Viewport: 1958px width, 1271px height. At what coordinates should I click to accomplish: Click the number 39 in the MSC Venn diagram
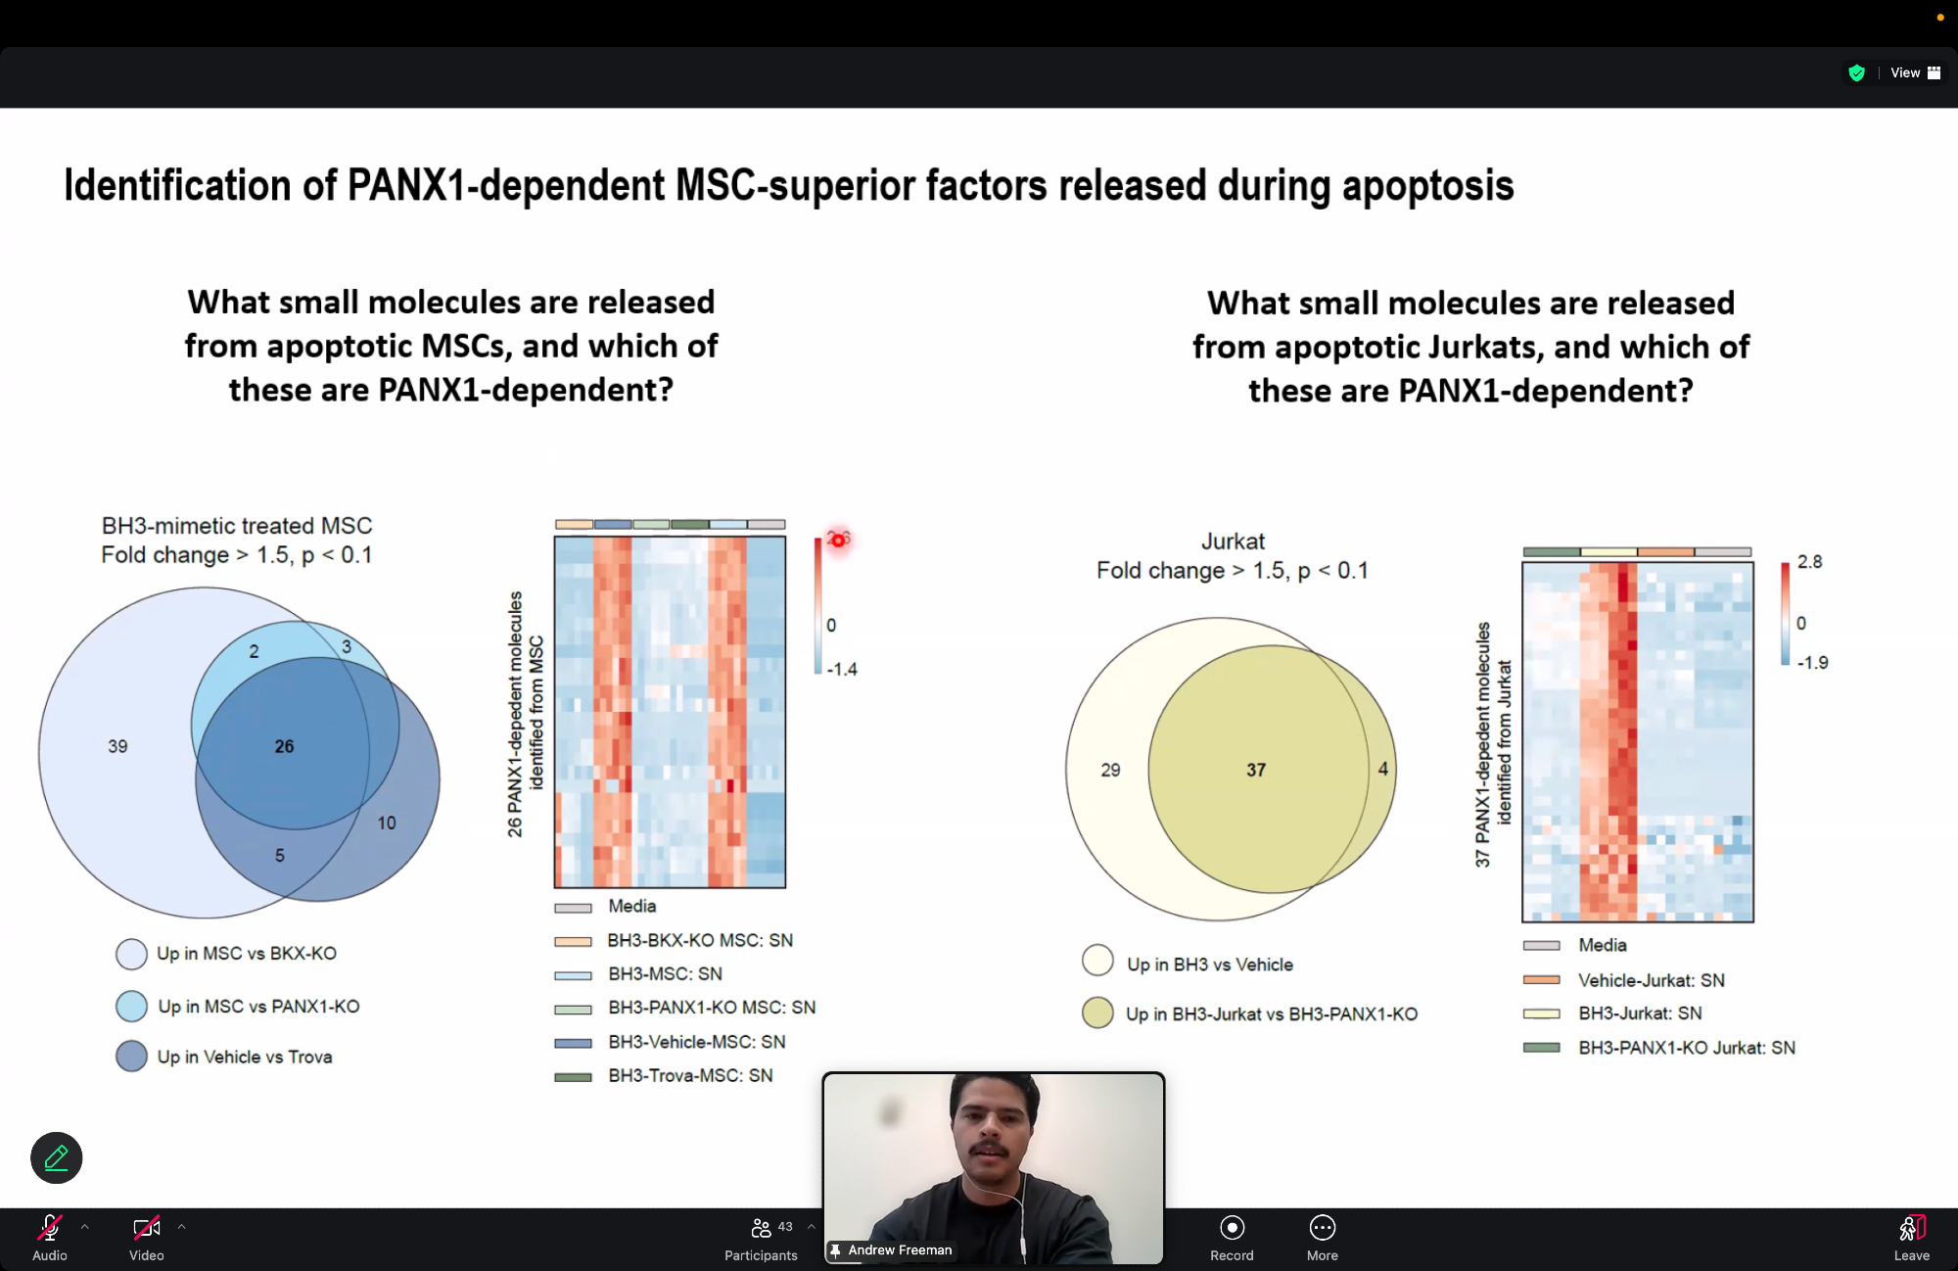click(x=117, y=746)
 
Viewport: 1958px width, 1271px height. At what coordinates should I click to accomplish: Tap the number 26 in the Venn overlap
click(x=284, y=746)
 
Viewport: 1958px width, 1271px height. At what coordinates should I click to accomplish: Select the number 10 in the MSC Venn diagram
click(x=387, y=823)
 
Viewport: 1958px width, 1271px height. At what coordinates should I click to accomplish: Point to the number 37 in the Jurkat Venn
click(x=1256, y=771)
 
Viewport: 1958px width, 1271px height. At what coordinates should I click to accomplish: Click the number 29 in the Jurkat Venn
click(x=1110, y=771)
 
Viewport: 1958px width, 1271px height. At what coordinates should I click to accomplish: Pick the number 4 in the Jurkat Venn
click(x=1383, y=769)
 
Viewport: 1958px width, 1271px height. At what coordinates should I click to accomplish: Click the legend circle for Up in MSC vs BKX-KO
click(x=131, y=954)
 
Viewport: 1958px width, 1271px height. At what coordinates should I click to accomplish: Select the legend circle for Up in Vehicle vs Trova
click(x=131, y=1056)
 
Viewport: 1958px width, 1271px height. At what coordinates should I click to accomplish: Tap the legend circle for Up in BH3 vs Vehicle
click(x=1097, y=961)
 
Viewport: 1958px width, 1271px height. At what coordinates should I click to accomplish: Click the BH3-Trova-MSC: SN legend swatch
click(x=573, y=1077)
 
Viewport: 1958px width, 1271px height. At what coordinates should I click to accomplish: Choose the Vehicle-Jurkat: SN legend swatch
click(x=1541, y=980)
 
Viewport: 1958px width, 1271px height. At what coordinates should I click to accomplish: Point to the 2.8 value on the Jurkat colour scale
click(x=1810, y=562)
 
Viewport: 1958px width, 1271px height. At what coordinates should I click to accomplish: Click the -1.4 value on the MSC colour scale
click(x=842, y=670)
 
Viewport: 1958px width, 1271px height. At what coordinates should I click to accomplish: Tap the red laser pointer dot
click(x=838, y=540)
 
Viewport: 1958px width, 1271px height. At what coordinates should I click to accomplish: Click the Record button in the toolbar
click(x=1232, y=1238)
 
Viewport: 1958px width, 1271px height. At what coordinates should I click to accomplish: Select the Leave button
click(x=1912, y=1238)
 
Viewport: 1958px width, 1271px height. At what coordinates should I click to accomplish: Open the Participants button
click(x=761, y=1239)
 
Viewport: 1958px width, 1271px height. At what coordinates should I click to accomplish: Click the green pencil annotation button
click(x=57, y=1158)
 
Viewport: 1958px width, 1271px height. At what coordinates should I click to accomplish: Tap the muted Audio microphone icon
click(x=50, y=1228)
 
